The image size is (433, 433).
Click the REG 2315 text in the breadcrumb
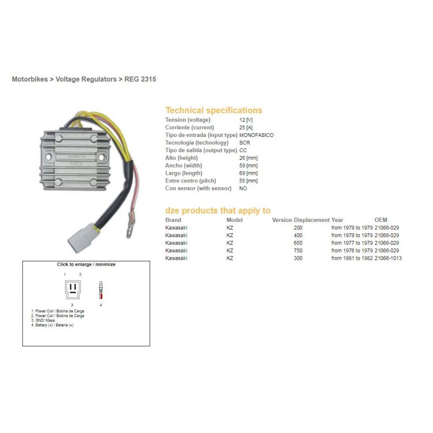(x=140, y=79)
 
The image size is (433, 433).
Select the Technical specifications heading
(x=214, y=110)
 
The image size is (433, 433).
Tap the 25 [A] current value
(x=246, y=128)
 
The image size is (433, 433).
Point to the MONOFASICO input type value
(x=256, y=135)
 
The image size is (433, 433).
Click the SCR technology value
(x=245, y=143)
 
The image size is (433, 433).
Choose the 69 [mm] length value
(x=248, y=173)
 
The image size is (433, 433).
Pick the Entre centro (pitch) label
(x=191, y=181)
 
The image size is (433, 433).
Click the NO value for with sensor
(x=243, y=188)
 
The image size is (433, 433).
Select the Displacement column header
(x=312, y=220)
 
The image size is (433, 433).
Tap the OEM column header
(x=381, y=220)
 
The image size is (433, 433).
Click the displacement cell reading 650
(x=298, y=243)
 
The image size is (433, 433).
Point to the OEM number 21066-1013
(x=388, y=258)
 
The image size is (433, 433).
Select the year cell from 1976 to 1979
(x=352, y=251)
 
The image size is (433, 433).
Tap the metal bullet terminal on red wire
(x=130, y=225)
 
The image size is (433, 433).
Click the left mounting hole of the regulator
(x=48, y=157)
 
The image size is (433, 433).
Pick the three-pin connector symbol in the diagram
(x=73, y=290)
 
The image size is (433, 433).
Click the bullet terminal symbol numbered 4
(x=101, y=290)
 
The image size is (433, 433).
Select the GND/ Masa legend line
(x=43, y=320)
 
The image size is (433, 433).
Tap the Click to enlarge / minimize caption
(x=86, y=264)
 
